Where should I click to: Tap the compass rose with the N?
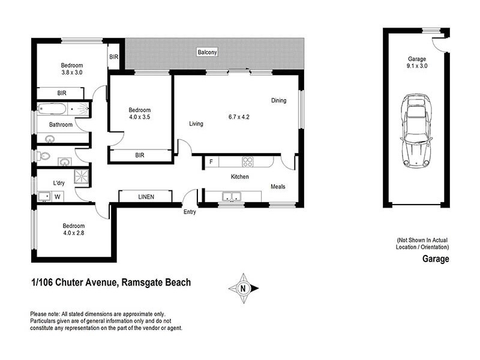pyautogui.click(x=243, y=288)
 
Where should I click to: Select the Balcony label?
pyautogui.click(x=207, y=53)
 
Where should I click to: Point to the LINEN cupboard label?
pyautogui.click(x=146, y=197)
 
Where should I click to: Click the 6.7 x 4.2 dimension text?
pyautogui.click(x=238, y=116)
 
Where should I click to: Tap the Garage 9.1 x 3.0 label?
pyautogui.click(x=417, y=63)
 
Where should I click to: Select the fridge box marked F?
pyautogui.click(x=211, y=161)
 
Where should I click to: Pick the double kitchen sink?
pyautogui.click(x=231, y=196)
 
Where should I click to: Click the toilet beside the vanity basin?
pyautogui.click(x=43, y=156)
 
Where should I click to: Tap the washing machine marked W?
pyautogui.click(x=58, y=196)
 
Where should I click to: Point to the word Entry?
pyautogui.click(x=190, y=211)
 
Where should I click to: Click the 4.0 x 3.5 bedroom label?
pyautogui.click(x=140, y=114)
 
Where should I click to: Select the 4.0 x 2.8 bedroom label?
pyautogui.click(x=74, y=230)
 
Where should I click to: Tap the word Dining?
pyautogui.click(x=279, y=100)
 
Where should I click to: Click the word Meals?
pyautogui.click(x=278, y=187)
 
